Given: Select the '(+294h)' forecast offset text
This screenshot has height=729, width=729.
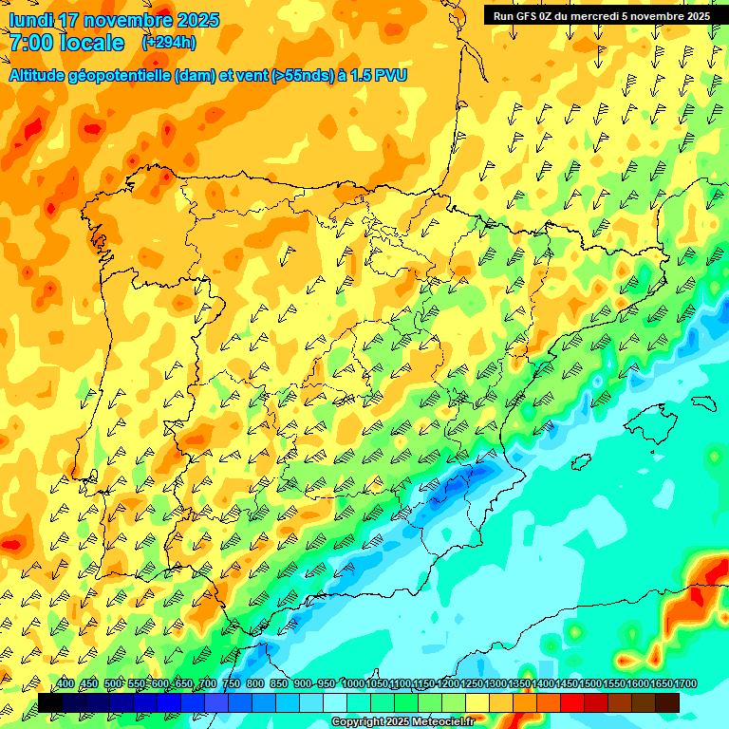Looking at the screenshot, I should click(x=169, y=43).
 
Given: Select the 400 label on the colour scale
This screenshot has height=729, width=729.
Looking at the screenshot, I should click(x=65, y=684).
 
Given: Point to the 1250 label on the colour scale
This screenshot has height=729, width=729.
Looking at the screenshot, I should click(x=472, y=684).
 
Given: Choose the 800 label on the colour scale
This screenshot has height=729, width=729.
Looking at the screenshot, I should click(x=255, y=684).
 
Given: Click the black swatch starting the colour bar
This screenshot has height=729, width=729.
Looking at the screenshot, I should click(x=50, y=702).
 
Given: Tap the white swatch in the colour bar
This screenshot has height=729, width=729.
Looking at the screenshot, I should click(x=335, y=702).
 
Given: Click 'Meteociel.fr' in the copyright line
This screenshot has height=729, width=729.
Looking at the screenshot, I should click(x=442, y=722).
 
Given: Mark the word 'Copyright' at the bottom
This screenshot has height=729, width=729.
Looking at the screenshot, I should click(x=358, y=722).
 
